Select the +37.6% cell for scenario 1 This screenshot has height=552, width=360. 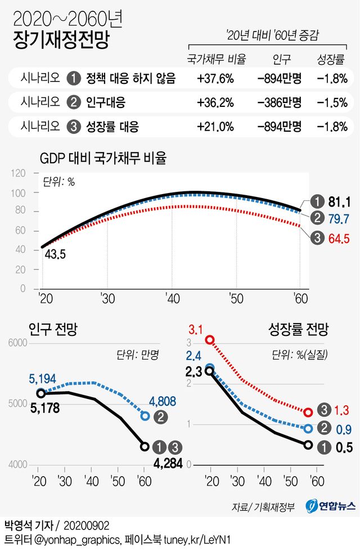(x=215, y=79)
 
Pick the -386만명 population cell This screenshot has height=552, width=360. (x=280, y=102)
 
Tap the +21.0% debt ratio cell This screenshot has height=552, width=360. (x=215, y=126)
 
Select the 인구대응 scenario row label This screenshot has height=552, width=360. (x=106, y=102)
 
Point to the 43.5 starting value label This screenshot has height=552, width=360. (x=54, y=254)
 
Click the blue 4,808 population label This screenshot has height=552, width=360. (x=163, y=401)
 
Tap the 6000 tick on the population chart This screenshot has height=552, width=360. (x=18, y=343)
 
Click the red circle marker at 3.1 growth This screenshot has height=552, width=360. (x=210, y=339)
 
